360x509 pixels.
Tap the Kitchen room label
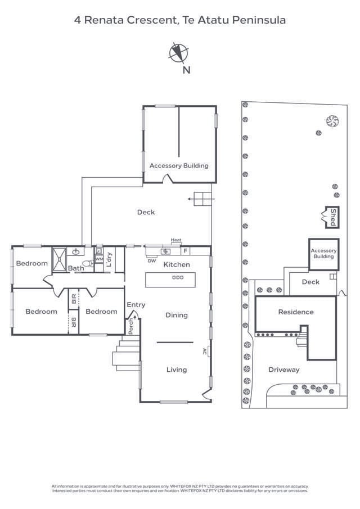177,264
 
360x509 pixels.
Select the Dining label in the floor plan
176,315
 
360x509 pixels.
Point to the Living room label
176,370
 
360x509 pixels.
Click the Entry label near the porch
136,305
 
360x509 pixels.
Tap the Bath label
76,268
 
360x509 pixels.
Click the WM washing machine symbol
99,259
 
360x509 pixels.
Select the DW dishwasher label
152,260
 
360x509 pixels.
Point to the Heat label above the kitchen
176,241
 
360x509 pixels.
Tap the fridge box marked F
185,251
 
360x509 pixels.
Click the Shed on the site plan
331,217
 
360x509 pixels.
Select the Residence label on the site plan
295,312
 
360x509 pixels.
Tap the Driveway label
283,370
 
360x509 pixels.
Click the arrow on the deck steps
192,199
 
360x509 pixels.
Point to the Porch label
131,327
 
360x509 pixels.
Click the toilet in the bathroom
87,263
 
